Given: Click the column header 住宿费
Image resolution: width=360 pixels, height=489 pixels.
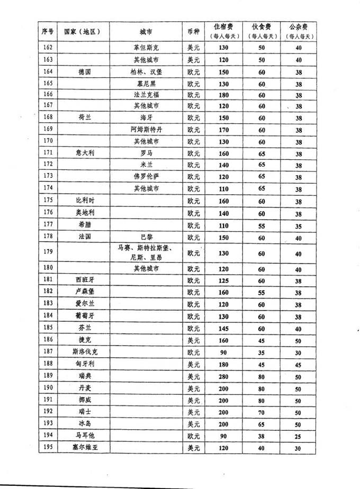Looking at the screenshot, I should pos(224,31).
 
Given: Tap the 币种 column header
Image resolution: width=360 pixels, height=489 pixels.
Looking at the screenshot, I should pos(193,31).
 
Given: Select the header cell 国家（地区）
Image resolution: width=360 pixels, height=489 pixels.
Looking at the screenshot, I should pos(82,31).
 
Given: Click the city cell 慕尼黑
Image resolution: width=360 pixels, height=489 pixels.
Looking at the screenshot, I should pos(146,84).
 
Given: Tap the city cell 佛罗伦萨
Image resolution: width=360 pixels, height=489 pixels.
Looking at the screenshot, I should pos(146,176).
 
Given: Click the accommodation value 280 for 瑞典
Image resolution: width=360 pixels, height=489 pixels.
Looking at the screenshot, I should pos(224,376).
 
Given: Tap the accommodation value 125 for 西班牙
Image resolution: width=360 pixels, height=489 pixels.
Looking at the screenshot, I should pos(224,280).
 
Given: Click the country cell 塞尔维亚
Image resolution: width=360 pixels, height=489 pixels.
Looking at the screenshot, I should pos(84,448).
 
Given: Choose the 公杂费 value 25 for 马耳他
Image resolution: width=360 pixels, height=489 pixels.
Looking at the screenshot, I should pos(298,436).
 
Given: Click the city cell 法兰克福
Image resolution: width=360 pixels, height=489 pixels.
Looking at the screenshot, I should pos(146,95).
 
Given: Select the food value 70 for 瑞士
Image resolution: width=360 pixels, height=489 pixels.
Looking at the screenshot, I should pos(262,412).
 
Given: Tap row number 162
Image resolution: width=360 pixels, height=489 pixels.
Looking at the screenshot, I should pos(48,48).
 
